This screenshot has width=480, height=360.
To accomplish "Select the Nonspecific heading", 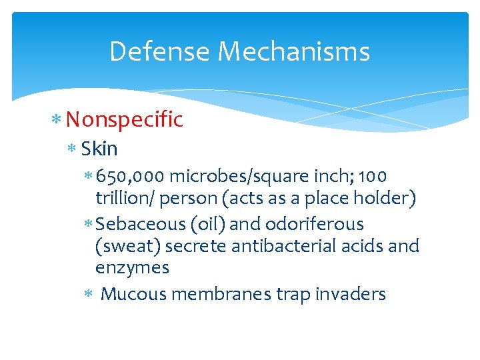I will click(x=124, y=119).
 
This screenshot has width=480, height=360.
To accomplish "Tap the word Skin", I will click(x=99, y=148).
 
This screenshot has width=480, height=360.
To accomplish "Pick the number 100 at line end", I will click(x=373, y=177).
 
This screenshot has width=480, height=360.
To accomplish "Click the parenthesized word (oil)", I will click(x=208, y=224).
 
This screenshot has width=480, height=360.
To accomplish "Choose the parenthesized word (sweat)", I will click(x=128, y=246).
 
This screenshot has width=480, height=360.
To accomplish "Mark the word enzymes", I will click(x=132, y=268).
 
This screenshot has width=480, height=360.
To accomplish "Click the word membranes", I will click(x=221, y=293).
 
